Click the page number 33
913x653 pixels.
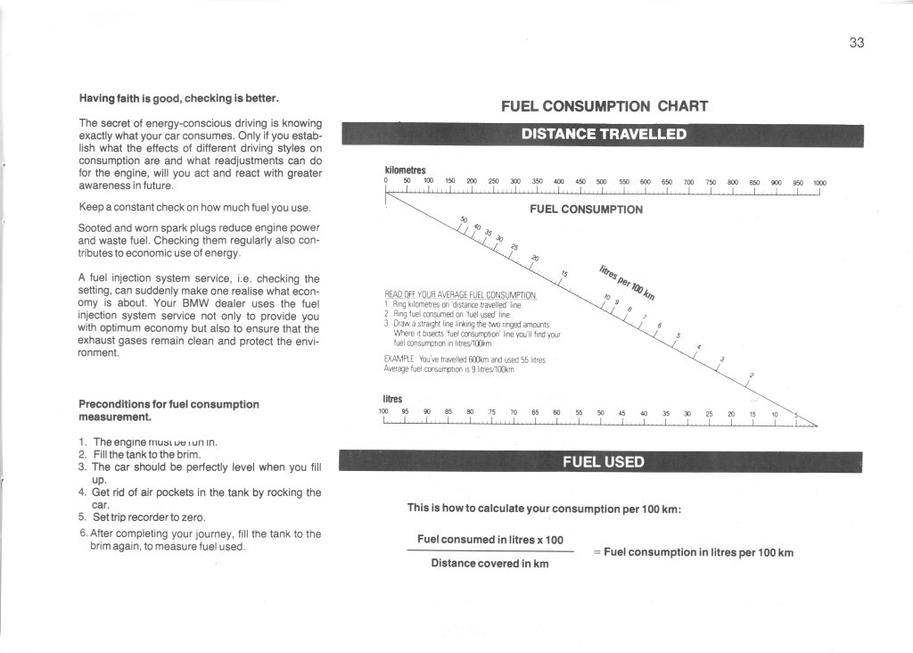[x=857, y=43]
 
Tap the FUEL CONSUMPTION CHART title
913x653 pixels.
[x=605, y=106]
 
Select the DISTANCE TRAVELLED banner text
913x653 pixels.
[x=604, y=135]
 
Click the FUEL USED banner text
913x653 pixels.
[x=603, y=461]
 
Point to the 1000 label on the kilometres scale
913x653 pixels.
[x=818, y=183]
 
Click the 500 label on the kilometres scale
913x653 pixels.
[x=601, y=183]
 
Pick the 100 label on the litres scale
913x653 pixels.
[x=383, y=413]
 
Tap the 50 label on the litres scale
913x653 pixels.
[x=601, y=413]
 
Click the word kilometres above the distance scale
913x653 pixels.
[x=405, y=169]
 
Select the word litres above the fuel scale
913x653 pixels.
[x=392, y=399]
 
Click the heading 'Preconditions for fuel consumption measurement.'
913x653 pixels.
[x=169, y=410]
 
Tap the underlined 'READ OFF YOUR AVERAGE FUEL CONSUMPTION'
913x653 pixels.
[x=460, y=294]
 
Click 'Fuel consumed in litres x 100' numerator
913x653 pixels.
[x=490, y=540]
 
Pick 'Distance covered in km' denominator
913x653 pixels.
[x=489, y=564]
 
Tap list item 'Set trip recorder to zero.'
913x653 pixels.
[x=149, y=517]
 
